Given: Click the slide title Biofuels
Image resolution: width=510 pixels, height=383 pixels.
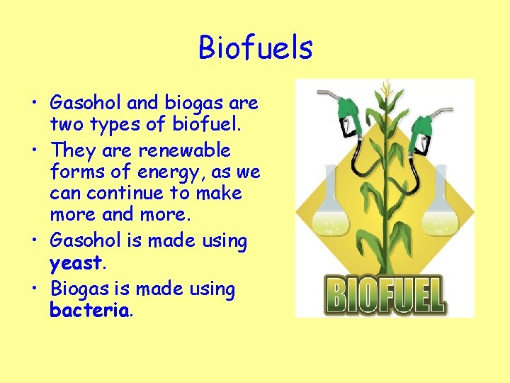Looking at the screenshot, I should (255, 48).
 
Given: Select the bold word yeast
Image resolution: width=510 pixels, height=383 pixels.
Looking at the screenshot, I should (76, 263).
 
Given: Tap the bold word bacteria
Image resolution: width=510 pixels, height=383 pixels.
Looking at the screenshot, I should (89, 310).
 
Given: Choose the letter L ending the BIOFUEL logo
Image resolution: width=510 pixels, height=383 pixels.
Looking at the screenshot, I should (434, 294).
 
